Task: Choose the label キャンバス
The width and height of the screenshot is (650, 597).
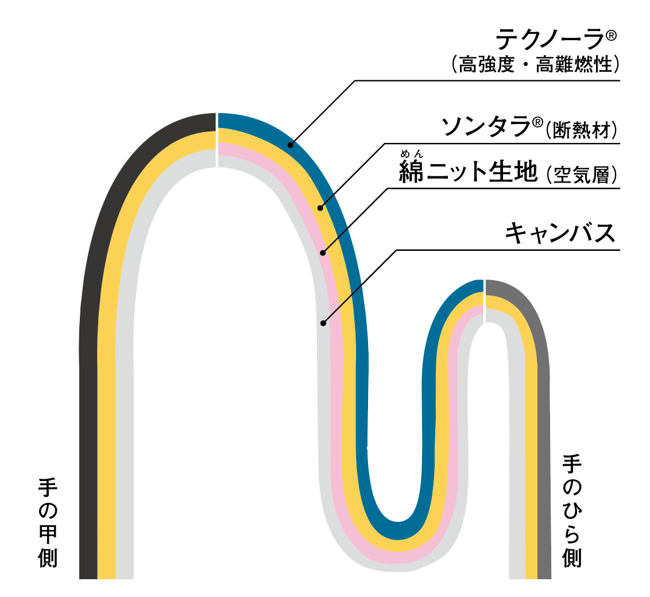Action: coord(560,233)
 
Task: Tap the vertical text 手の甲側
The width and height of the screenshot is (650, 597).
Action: coord(48,522)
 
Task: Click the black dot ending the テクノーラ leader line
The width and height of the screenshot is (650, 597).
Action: coord(291,145)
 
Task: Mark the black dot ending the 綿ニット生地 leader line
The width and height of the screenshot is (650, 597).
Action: coord(323,252)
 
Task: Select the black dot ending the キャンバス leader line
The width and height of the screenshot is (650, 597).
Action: coord(323,323)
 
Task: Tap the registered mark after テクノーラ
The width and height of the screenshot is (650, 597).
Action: coord(610,36)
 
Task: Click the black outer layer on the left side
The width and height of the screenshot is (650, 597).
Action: coord(88,402)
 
